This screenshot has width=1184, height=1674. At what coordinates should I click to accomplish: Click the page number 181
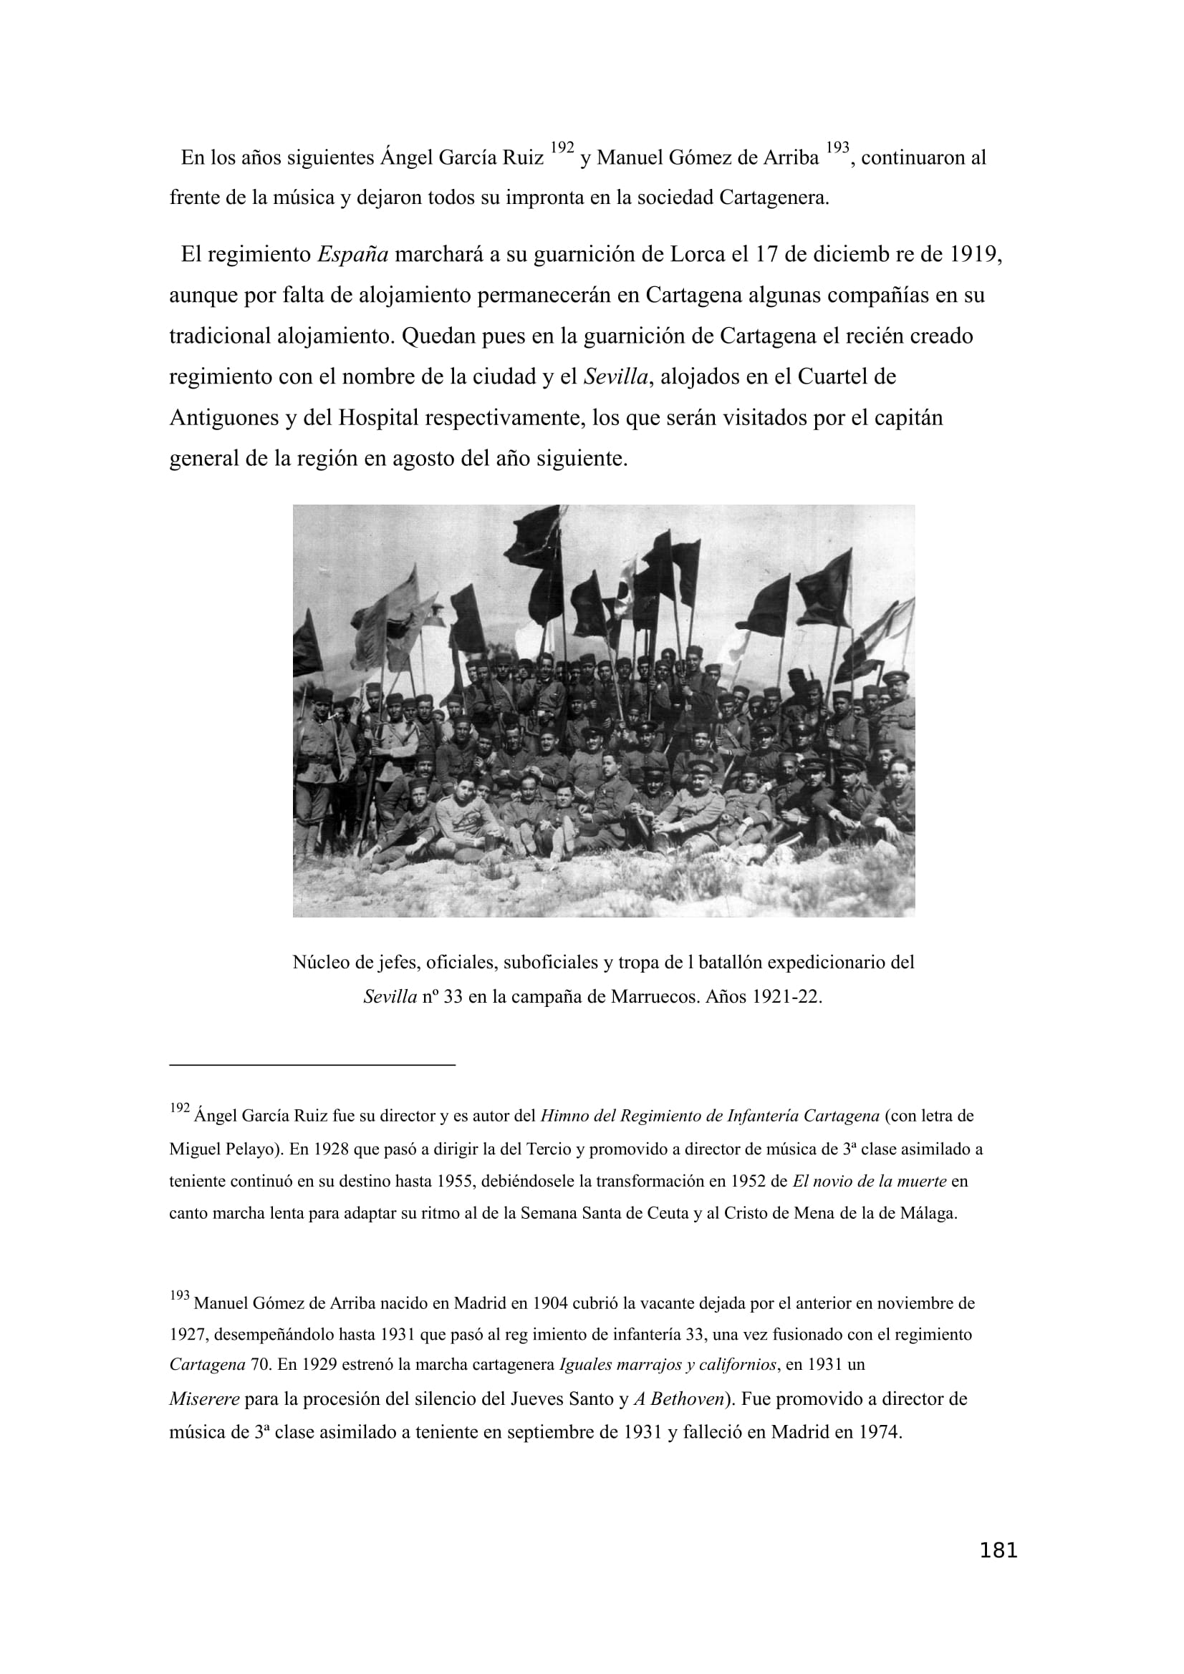(x=998, y=1570)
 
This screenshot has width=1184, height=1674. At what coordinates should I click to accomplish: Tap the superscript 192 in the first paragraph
(x=562, y=148)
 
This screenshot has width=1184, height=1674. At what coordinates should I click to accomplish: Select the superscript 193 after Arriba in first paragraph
(x=837, y=148)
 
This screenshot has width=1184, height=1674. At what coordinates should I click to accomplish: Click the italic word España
(x=353, y=255)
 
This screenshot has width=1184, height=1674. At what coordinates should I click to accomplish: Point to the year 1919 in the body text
(x=976, y=255)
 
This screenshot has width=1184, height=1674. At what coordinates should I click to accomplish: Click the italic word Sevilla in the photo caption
(x=390, y=997)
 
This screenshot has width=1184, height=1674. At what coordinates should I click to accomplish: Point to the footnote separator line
(x=312, y=1065)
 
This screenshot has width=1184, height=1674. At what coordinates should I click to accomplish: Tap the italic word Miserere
(x=204, y=1399)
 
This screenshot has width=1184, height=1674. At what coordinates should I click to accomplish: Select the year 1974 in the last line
(x=880, y=1432)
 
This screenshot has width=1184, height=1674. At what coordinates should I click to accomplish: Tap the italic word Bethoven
(x=686, y=1399)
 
